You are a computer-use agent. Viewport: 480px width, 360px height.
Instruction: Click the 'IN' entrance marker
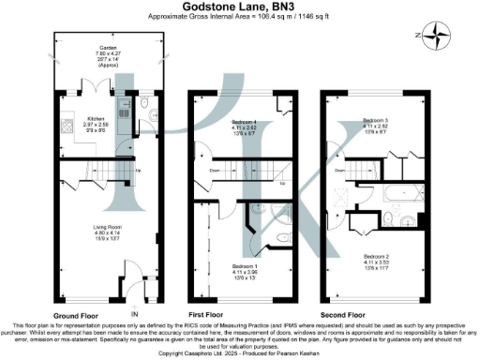pos(134,313)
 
